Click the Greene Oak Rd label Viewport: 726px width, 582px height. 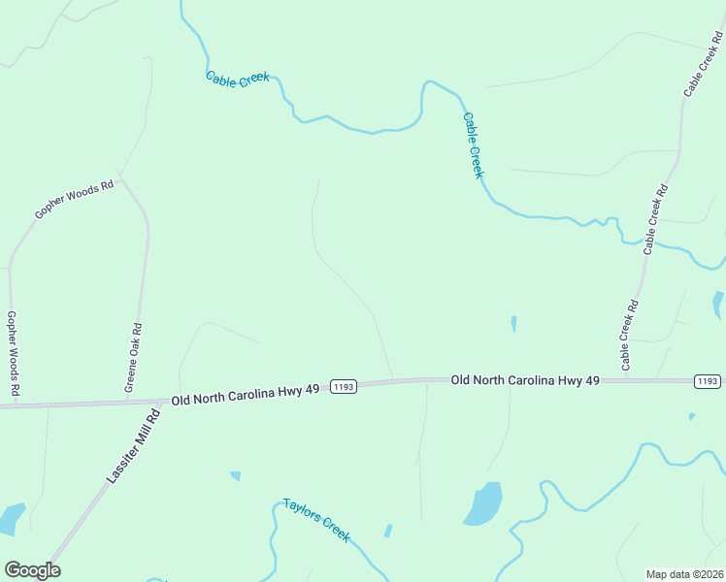(134, 358)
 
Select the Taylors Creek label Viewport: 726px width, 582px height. (315, 520)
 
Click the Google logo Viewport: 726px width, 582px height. (32, 570)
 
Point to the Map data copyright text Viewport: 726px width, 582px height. (684, 574)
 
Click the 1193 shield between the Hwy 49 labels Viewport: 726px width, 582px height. (344, 386)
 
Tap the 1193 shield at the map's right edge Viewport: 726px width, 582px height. (708, 381)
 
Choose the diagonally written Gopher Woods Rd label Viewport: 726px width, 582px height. (74, 199)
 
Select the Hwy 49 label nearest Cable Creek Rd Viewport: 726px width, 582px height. (525, 380)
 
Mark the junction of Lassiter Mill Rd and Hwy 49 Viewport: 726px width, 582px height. (160, 399)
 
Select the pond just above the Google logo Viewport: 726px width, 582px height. (12, 518)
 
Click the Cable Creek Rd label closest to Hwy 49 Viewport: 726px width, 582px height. (631, 335)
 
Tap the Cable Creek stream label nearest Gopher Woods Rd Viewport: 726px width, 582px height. (237, 78)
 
